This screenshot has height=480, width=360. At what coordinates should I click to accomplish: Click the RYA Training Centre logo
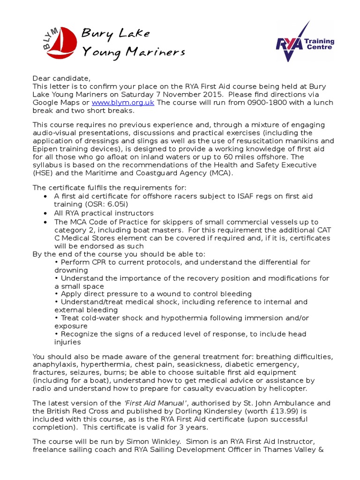click(305, 42)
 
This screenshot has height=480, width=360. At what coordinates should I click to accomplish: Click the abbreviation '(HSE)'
click(43, 172)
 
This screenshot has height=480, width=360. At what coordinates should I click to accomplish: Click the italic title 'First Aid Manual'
click(159, 403)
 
